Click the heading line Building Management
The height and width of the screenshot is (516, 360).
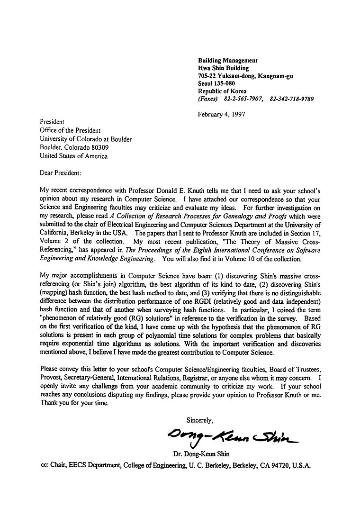(227, 61)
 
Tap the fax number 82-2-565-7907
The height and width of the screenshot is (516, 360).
(243, 99)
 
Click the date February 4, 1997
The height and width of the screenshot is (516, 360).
(222, 114)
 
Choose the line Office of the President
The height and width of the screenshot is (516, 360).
(70, 130)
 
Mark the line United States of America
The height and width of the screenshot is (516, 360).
(73, 156)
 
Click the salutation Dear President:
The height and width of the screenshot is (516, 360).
(61, 173)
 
